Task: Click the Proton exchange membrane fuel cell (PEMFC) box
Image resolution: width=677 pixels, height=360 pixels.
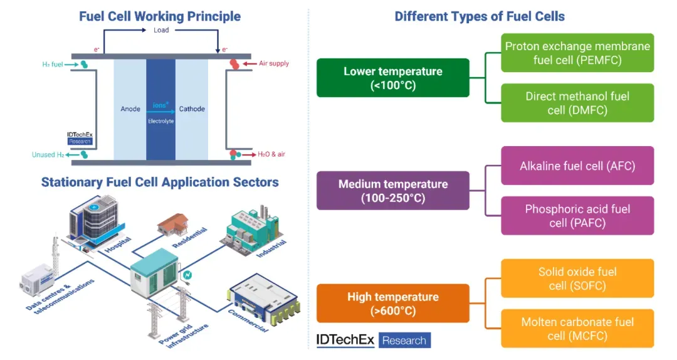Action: [577, 53]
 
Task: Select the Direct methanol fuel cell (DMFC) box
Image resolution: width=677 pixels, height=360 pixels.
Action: [577, 103]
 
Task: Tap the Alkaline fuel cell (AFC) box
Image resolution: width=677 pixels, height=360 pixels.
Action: [577, 166]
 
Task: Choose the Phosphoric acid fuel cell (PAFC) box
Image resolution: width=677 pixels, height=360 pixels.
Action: [577, 216]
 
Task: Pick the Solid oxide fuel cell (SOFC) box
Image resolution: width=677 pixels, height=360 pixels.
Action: [577, 278]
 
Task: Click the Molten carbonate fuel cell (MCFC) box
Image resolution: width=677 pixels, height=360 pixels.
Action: [577, 329]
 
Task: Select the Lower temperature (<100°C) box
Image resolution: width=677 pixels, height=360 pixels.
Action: [393, 78]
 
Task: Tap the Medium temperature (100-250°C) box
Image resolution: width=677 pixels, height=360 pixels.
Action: [393, 191]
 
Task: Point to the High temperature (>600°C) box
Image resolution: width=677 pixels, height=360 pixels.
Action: [393, 304]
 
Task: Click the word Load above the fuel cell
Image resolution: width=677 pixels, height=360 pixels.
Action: [161, 30]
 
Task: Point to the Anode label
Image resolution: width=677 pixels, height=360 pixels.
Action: [130, 109]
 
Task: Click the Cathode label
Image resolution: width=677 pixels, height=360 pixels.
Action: [192, 109]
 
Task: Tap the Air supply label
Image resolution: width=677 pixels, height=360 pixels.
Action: [274, 63]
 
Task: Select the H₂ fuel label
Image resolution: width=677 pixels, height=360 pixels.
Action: [53, 65]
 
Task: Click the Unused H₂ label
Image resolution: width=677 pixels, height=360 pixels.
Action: [48, 155]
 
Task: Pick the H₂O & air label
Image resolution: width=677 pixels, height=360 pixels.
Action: [271, 154]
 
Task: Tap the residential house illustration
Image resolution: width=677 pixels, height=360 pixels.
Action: [173, 224]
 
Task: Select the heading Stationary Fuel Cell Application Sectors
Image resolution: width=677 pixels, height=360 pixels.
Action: [160, 182]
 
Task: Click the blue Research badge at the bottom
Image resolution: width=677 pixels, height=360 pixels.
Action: [404, 340]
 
